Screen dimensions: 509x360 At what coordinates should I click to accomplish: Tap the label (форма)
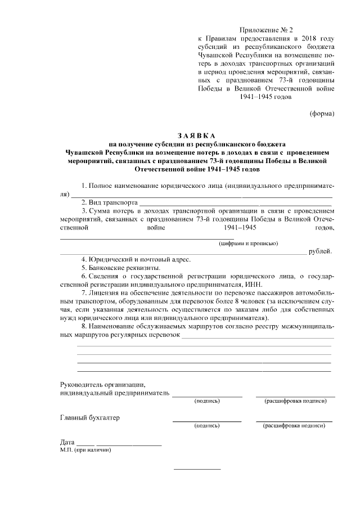point(322,114)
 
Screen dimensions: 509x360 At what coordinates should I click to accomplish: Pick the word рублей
point(321,251)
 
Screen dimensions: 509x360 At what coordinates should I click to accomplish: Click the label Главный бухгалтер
point(89,418)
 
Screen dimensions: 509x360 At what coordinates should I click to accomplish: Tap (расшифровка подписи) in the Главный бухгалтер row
point(294,426)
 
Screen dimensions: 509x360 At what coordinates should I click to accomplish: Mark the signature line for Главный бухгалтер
point(206,421)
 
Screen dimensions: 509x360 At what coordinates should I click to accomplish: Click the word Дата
point(67,442)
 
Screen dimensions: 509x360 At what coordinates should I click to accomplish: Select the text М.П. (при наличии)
point(85,450)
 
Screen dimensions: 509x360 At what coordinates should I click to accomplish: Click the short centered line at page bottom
point(197,469)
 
